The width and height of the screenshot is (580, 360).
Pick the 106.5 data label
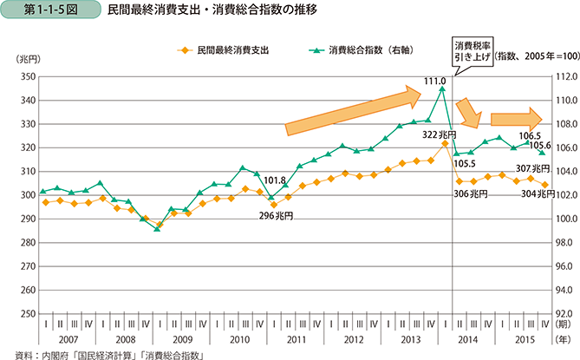tap(530, 136)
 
